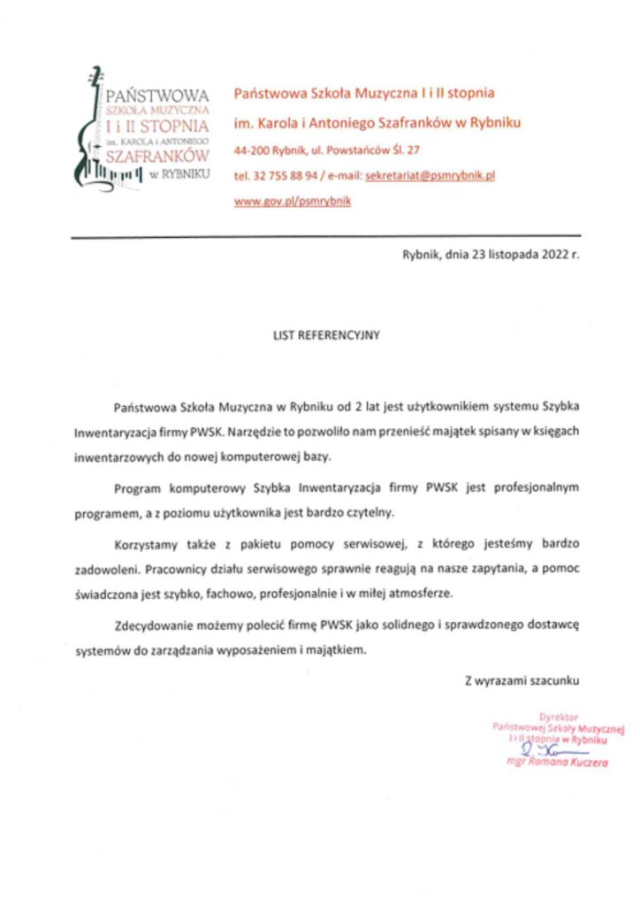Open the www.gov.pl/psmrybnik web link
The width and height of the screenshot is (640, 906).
coord(292,201)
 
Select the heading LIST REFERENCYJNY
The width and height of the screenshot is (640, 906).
coord(324,335)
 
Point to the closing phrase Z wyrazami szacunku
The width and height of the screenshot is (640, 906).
coord(522,680)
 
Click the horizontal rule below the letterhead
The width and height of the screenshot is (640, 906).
coord(325,236)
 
